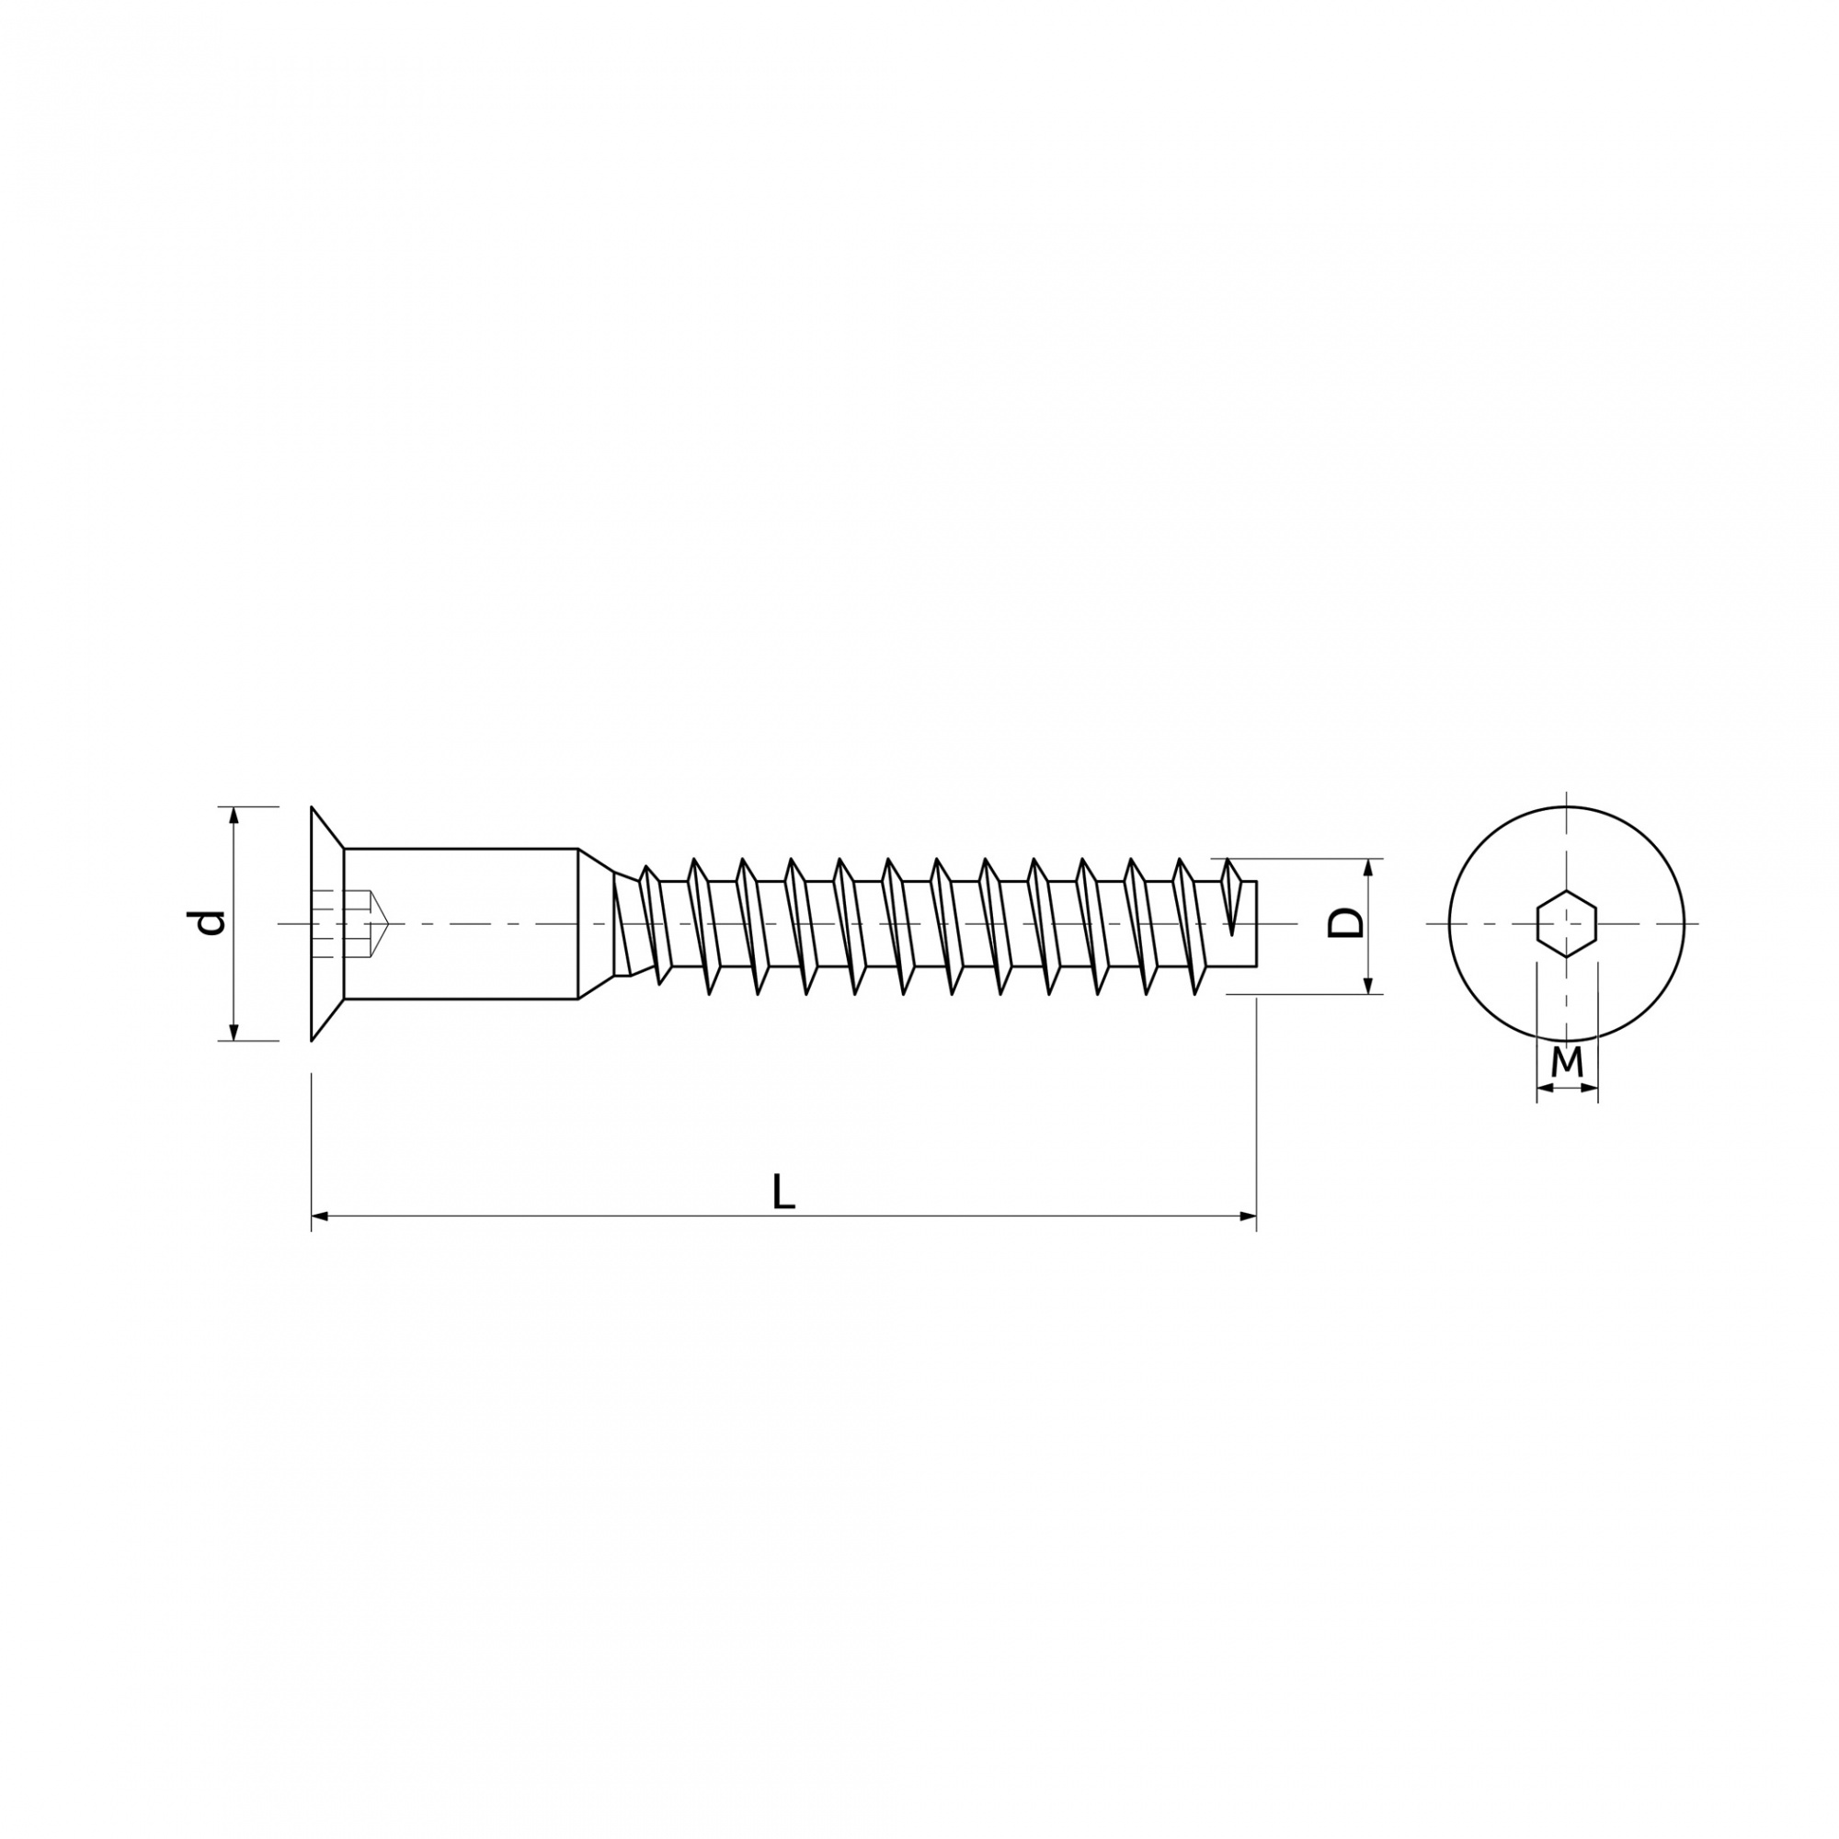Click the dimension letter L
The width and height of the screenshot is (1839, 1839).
[x=782, y=1192]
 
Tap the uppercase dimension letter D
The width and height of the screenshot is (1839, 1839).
[x=1345, y=922]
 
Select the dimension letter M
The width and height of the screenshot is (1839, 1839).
[x=1567, y=1061]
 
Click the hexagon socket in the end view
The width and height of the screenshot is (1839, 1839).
[x=1567, y=923]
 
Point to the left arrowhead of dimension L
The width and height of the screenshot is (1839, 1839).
[x=321, y=1216]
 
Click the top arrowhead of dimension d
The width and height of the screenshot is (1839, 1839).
[x=234, y=817]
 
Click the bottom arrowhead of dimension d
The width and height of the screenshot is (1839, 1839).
[x=234, y=1030]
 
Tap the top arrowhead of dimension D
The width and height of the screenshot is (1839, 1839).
[x=1369, y=869]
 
